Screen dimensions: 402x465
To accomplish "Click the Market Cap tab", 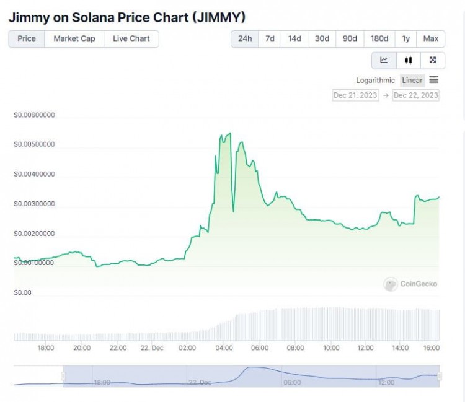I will tap(74, 38).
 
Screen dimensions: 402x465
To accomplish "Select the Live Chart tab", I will tap(131, 38).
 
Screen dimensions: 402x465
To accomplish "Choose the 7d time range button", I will tap(270, 38).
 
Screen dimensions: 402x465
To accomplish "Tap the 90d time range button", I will tap(350, 38).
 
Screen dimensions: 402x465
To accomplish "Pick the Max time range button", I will tap(430, 38).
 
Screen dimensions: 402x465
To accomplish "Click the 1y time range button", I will tap(405, 38).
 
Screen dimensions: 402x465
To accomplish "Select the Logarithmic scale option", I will tap(375, 81).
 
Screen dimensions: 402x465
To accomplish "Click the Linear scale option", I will tap(412, 81).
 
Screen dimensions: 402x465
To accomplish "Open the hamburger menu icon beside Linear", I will tap(434, 80).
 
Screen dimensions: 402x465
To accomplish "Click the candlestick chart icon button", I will tap(408, 60).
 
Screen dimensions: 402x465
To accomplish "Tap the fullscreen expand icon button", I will tap(433, 60).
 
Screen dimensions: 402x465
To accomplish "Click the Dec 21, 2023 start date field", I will tap(355, 95).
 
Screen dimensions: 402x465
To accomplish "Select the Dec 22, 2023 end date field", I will tap(415, 95).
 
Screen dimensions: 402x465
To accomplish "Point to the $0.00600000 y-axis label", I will tap(34, 115).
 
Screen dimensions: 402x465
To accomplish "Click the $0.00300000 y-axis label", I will tap(34, 204).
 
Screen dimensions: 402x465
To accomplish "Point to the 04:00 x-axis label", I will tap(224, 348).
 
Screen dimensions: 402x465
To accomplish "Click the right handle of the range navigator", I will tap(440, 376).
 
